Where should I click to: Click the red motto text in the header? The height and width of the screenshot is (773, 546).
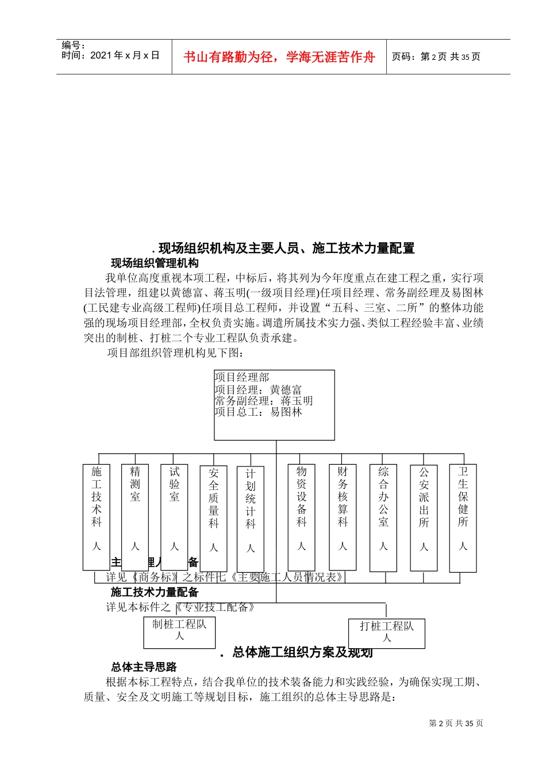coord(279,57)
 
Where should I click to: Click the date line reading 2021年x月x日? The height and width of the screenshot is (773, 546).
coord(110,55)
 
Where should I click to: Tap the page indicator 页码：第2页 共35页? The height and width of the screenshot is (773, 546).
coord(436,57)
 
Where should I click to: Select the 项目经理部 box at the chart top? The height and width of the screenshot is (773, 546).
coord(274,405)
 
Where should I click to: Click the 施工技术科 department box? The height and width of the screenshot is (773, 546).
coord(96,516)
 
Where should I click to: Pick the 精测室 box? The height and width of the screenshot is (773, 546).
coord(135,516)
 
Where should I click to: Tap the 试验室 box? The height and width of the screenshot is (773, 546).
coord(174,516)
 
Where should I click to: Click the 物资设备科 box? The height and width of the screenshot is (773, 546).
coord(301,516)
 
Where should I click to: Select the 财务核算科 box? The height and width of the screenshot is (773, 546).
coord(343,516)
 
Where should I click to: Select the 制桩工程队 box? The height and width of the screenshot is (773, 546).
coord(179,632)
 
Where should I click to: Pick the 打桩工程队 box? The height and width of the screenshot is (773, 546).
coord(387,633)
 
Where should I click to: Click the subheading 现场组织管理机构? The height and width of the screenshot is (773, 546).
coord(155,263)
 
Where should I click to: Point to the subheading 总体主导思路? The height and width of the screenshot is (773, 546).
coord(144,667)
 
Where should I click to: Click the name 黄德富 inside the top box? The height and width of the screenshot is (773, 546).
coord(286,389)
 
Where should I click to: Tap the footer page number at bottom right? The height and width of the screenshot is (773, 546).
coord(456,724)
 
